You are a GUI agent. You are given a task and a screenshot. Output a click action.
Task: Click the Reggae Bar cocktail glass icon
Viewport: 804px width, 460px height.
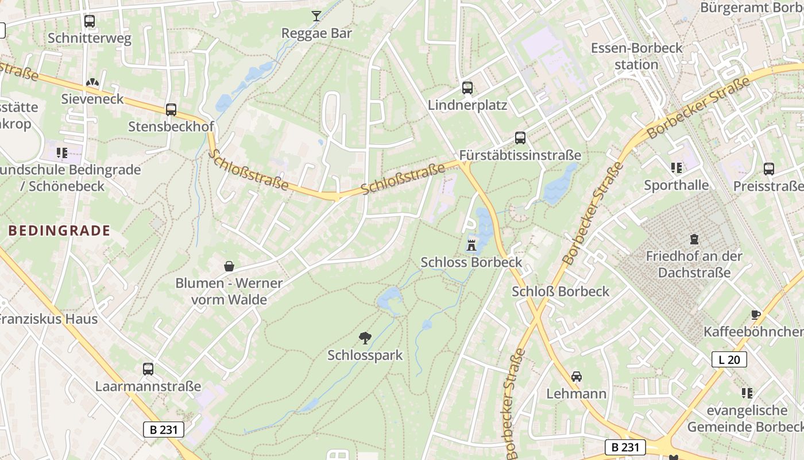316,16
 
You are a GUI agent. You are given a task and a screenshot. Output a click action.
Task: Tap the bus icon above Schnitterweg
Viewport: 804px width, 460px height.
90,21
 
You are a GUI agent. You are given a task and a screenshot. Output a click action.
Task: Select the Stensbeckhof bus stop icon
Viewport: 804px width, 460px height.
171,110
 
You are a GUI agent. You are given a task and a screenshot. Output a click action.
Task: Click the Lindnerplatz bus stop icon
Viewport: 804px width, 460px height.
467,88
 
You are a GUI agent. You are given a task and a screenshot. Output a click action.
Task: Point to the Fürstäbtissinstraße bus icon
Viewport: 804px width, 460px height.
520,138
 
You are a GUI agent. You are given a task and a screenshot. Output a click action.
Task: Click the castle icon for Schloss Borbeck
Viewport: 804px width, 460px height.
471,244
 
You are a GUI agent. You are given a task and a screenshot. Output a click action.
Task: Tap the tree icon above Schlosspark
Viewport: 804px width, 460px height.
365,338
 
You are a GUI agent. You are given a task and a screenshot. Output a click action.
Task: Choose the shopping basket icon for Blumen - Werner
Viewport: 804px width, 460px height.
229,266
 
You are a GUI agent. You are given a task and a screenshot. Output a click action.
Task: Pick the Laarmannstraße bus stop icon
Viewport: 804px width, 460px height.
148,369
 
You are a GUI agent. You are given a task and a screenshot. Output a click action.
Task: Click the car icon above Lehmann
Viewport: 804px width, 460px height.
577,377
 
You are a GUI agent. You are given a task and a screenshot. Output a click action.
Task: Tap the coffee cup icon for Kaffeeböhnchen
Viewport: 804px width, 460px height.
756,315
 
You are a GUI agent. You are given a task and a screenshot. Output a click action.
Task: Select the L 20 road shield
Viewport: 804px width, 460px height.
729,360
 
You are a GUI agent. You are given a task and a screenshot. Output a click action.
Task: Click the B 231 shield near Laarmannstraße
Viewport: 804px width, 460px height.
163,429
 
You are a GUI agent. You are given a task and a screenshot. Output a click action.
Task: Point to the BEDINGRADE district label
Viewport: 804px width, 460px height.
59,231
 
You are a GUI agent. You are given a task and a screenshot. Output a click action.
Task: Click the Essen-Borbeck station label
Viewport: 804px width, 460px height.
636,56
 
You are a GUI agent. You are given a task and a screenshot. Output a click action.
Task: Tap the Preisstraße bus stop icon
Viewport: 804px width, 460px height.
769,169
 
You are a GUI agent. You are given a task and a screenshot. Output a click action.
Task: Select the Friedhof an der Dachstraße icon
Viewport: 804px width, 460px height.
694,239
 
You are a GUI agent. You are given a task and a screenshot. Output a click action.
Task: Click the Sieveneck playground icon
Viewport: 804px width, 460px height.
92,83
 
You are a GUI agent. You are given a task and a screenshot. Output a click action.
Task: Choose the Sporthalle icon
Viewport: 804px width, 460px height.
677,168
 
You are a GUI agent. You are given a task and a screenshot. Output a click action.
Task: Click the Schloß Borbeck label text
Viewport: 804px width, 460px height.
561,292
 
